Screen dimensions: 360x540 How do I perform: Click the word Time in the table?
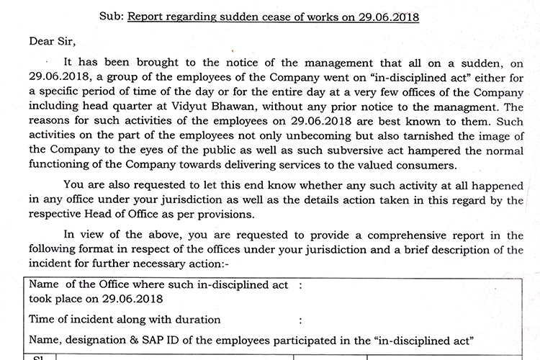(42, 319)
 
